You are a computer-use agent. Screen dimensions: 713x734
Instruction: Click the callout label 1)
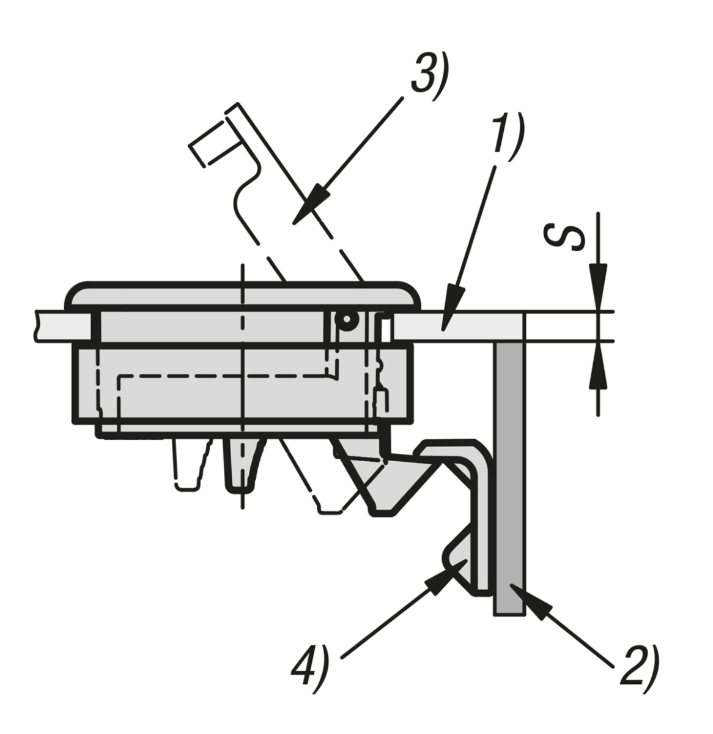tap(507, 136)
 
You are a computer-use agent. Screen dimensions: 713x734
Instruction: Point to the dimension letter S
tap(564, 237)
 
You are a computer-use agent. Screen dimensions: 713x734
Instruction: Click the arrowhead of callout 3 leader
tap(311, 204)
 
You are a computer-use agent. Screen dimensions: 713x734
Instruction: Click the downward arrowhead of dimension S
tap(599, 287)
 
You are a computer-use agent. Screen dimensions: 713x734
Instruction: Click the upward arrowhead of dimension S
tap(599, 365)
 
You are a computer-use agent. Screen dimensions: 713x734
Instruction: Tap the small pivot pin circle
tap(347, 320)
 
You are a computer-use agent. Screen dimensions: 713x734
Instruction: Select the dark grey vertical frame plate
tap(509, 478)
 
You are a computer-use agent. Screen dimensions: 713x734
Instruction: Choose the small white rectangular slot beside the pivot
tap(386, 330)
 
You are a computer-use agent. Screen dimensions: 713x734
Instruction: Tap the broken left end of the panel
tap(37, 326)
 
